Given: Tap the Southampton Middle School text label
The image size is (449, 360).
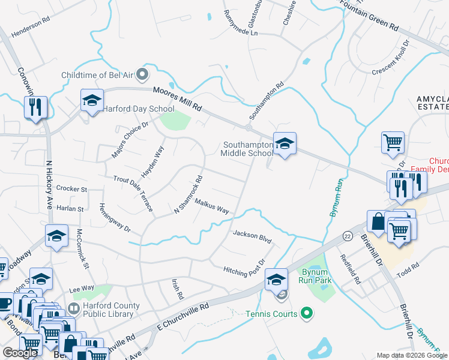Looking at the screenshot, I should tap(247, 149).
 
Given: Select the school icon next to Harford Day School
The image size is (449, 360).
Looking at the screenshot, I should tap(92, 100).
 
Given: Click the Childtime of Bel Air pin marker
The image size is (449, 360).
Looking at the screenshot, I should tap(142, 75).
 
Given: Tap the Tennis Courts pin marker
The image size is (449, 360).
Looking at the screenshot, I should tap(307, 313).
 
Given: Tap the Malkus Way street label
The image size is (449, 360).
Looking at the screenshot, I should tap(212, 206).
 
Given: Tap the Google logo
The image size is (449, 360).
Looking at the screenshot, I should tap(20, 353).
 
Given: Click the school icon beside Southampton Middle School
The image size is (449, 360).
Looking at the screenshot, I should tap(285, 143).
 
